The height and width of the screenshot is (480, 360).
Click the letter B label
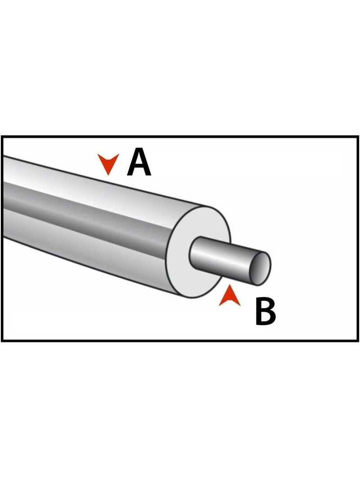(265, 312)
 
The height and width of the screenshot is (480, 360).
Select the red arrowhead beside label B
(229, 296)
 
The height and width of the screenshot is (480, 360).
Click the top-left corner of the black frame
(2, 137)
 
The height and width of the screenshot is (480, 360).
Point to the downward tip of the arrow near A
(108, 175)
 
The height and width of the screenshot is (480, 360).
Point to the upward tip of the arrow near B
(229, 286)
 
